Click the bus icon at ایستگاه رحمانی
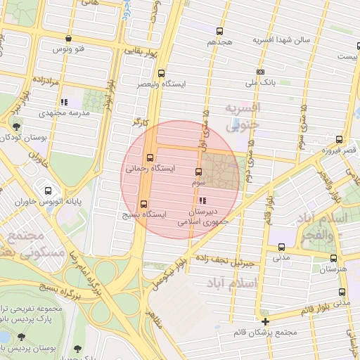pos(150,157)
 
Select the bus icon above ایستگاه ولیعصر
pos(162,73)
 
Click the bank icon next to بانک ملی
pos(261,72)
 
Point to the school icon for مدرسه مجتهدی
pos(64,102)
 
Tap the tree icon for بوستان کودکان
pos(15,127)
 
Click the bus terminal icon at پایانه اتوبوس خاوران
pos(48,191)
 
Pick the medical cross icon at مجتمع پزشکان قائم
pos(265,322)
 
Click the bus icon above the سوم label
pos(198,172)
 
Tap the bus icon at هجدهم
pos(220,32)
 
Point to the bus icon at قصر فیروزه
pos(340,140)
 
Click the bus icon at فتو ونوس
pos(68,39)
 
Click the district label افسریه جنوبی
pos(242,116)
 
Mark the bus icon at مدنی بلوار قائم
pos(342,292)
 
